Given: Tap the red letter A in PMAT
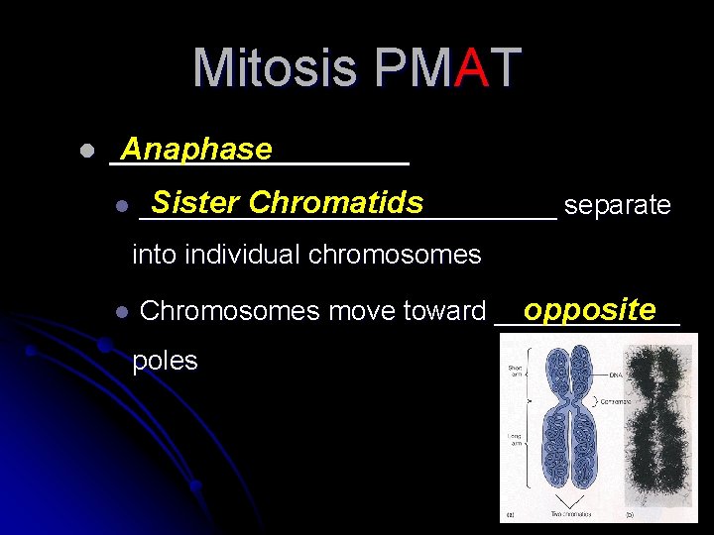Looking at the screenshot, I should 471,68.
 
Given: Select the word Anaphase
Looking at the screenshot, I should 195,149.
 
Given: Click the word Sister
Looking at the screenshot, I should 195,203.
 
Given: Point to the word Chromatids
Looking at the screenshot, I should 336,203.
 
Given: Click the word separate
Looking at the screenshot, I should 617,205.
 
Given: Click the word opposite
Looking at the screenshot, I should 590,309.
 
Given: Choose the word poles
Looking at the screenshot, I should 165,361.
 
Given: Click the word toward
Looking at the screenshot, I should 444,311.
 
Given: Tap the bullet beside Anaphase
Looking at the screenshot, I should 86,152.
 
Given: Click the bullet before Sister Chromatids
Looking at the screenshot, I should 121,206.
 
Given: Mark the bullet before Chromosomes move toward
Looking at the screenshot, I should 121,311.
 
